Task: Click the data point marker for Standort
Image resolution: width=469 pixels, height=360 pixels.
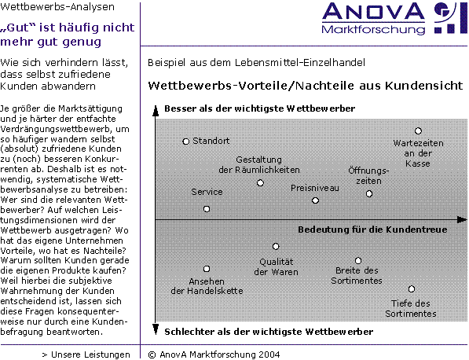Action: [x=186, y=141]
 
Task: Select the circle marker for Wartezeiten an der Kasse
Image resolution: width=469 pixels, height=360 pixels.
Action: [x=418, y=131]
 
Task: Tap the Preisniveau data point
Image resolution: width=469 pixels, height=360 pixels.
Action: [x=315, y=200]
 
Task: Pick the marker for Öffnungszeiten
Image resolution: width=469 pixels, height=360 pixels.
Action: [x=369, y=194]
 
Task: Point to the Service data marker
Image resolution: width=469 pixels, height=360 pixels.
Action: [x=207, y=209]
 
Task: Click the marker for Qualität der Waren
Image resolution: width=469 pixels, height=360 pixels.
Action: [x=276, y=246]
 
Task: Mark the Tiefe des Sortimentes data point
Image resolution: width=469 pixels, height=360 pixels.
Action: [x=412, y=289]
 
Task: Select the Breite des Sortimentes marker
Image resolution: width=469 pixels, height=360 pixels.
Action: [x=358, y=261]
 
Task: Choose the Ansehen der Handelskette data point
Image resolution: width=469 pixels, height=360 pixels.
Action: [x=207, y=269]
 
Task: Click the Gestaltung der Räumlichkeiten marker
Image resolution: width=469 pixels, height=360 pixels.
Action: [x=260, y=183]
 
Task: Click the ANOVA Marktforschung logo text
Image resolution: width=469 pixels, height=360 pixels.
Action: [x=373, y=19]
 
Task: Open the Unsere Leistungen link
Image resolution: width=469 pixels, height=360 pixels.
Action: [x=86, y=354]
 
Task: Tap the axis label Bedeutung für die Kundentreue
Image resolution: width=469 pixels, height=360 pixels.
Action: [x=372, y=230]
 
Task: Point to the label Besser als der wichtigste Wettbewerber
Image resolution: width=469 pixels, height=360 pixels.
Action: [x=259, y=108]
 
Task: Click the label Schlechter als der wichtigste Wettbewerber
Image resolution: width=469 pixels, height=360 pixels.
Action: [x=269, y=332]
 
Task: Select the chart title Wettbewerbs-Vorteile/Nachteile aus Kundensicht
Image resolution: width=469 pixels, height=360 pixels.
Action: [x=306, y=86]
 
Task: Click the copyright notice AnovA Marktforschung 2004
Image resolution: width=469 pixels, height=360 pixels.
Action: [x=214, y=354]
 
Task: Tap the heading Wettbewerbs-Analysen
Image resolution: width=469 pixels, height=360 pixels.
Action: [x=57, y=7]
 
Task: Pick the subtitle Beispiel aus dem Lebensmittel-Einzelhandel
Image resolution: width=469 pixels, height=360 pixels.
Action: [x=256, y=63]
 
